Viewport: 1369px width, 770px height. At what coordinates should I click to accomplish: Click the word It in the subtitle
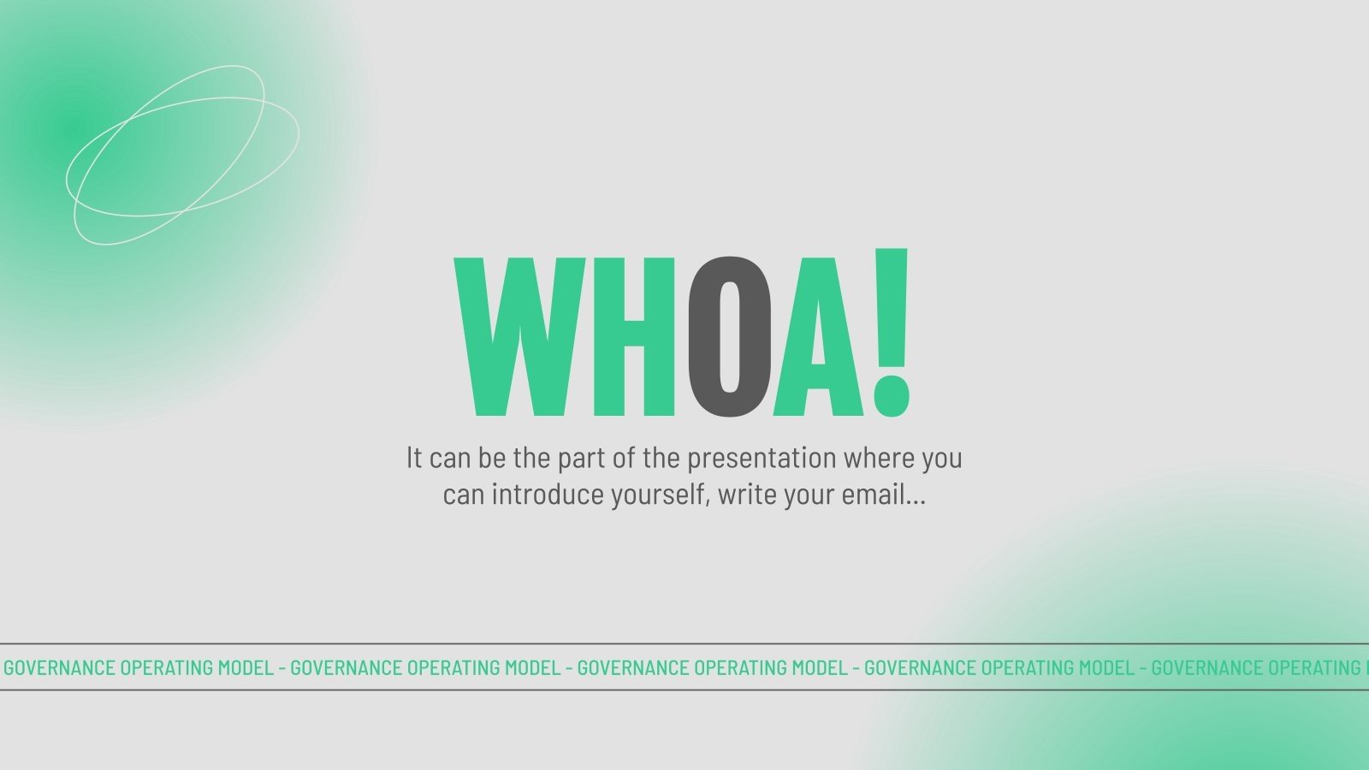pos(414,458)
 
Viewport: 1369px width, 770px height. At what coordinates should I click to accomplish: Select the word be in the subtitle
pos(492,458)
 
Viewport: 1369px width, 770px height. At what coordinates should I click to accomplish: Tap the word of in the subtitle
pos(624,458)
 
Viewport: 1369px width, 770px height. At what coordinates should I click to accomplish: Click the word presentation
pos(762,459)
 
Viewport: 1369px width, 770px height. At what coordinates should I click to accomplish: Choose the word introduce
pos(548,495)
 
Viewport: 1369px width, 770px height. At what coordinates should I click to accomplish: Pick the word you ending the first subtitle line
pos(942,459)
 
